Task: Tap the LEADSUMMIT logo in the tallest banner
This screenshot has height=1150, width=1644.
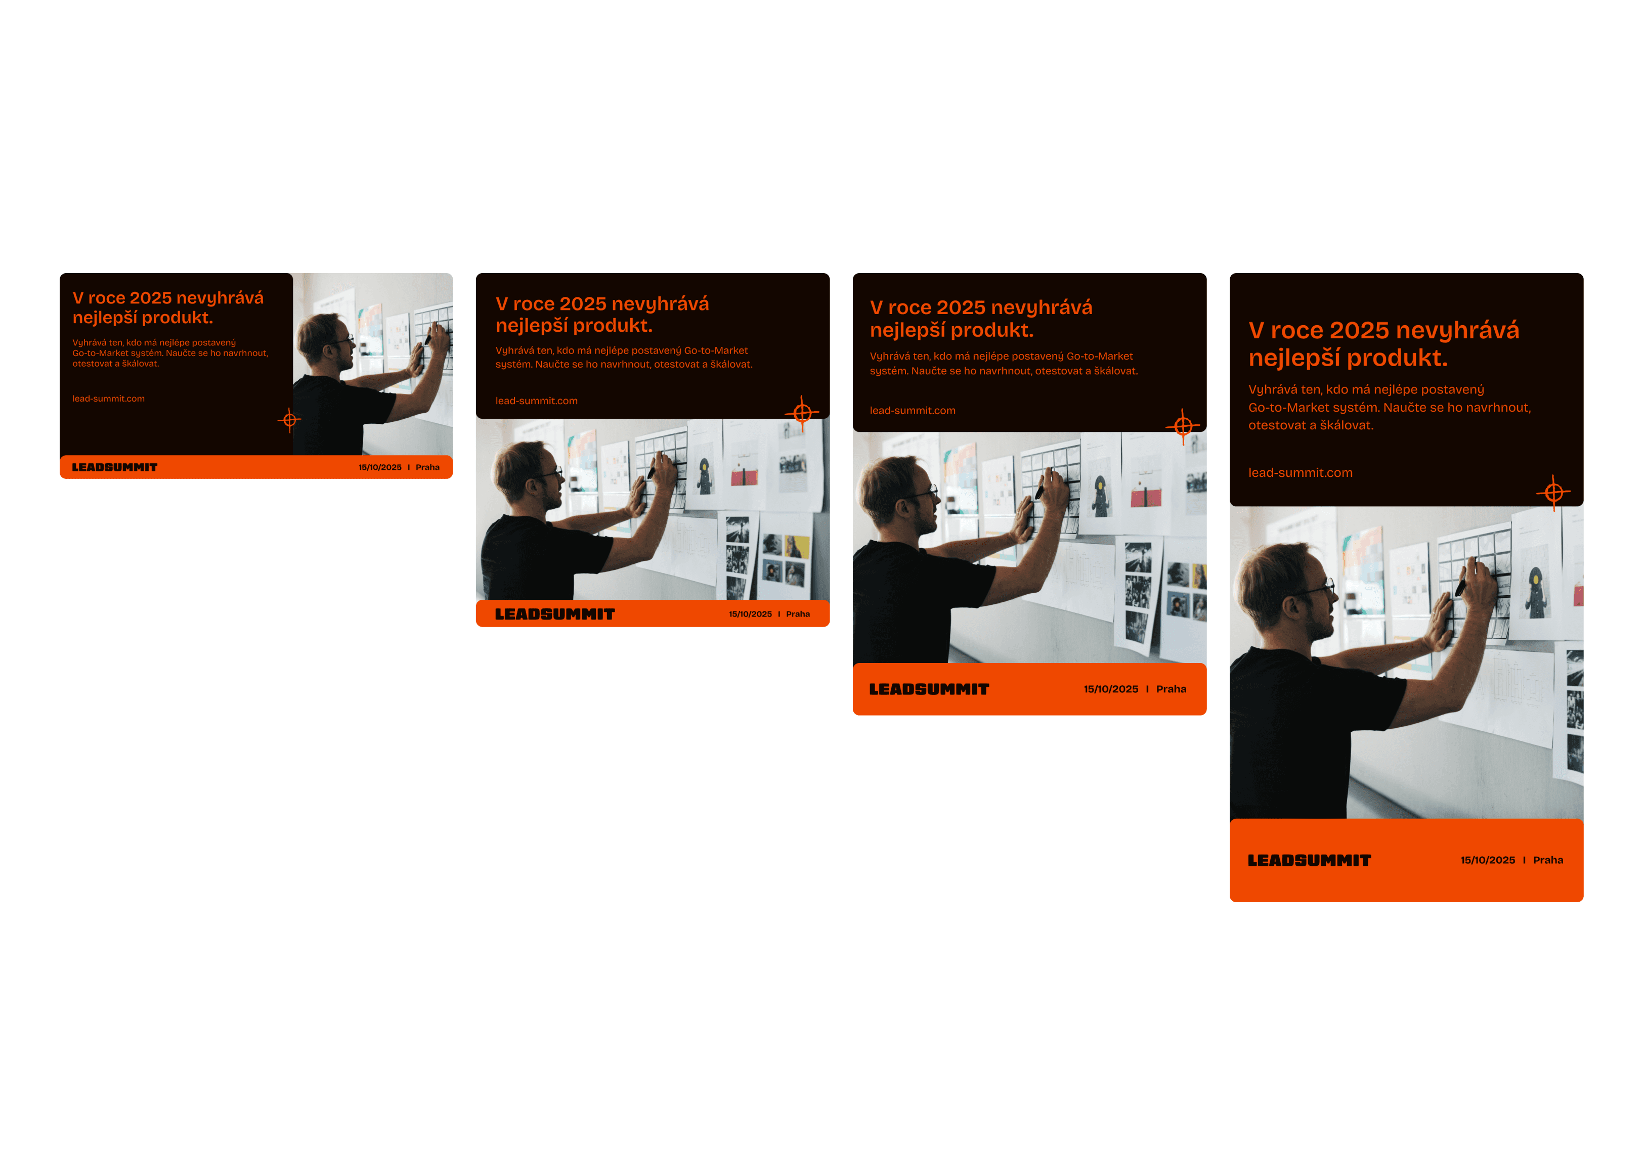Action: coord(1309,861)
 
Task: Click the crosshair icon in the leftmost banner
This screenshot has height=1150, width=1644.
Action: coord(289,420)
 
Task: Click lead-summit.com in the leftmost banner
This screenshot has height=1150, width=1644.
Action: coord(108,399)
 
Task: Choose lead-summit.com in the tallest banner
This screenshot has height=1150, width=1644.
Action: coord(1301,473)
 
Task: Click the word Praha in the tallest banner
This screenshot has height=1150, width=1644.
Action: coord(1548,860)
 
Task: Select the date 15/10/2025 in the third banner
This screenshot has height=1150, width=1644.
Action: coord(1110,689)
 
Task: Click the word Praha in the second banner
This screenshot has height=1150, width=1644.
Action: coord(798,614)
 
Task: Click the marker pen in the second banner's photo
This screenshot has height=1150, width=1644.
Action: coord(651,470)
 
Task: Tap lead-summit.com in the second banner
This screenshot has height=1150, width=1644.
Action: coord(536,401)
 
